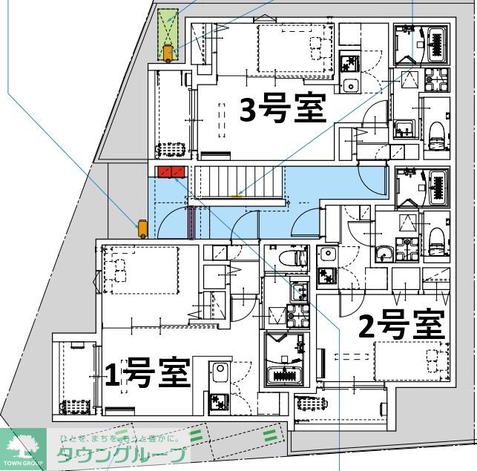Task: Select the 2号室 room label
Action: [401, 325]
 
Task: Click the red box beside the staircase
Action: [171, 173]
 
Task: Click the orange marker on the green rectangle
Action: [170, 53]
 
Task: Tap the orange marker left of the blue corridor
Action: [140, 226]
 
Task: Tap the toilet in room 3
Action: [438, 133]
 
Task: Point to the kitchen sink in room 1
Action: [220, 372]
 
